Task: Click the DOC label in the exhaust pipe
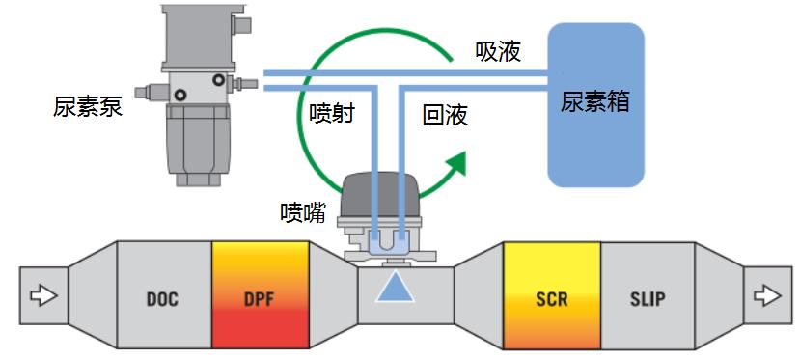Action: pos(164,298)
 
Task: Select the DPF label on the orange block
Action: pos(260,298)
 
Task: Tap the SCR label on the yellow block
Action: pos(551,298)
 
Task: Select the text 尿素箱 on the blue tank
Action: pos(594,101)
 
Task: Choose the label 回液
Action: pos(446,116)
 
